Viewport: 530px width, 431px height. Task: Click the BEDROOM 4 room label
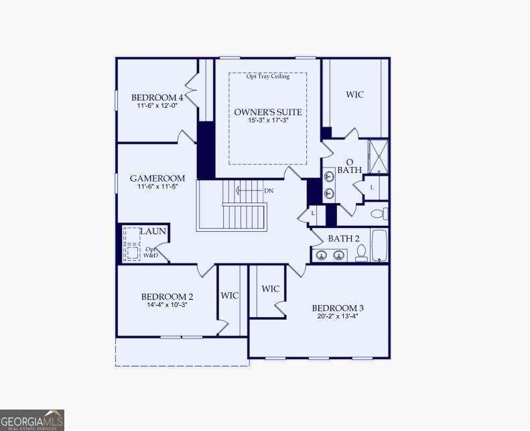click(157, 97)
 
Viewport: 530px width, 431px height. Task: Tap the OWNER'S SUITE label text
click(267, 112)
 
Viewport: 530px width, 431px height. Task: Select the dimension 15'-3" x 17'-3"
click(267, 121)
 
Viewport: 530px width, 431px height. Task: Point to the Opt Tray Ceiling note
click(267, 76)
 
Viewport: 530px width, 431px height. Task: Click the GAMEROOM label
click(157, 178)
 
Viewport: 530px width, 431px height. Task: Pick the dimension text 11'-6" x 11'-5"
click(157, 188)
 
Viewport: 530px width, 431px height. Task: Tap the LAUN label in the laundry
click(153, 231)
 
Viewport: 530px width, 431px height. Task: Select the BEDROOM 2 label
click(167, 297)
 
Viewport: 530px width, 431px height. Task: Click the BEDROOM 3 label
click(338, 308)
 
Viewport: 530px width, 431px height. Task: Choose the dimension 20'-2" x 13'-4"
click(338, 317)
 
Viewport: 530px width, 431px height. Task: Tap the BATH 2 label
click(344, 239)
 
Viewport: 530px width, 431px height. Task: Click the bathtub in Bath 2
click(379, 246)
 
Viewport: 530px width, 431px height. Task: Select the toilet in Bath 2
click(361, 252)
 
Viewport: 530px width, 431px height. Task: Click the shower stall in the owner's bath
click(379, 156)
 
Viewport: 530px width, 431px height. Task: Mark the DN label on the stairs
click(269, 191)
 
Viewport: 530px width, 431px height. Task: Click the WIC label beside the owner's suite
click(354, 95)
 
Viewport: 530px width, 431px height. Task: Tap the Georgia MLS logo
click(32, 420)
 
